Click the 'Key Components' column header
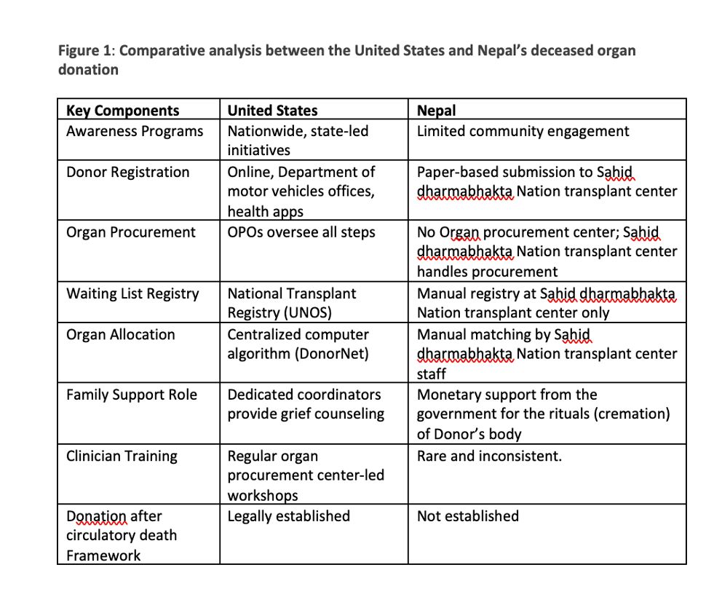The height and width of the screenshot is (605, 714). pos(122,111)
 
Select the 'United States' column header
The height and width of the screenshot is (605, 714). pos(272,111)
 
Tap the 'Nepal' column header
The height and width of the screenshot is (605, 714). pos(436,111)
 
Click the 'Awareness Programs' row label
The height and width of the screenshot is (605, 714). pos(135,131)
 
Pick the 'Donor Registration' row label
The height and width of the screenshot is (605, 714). pos(127,172)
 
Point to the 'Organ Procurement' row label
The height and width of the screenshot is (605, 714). pos(130,232)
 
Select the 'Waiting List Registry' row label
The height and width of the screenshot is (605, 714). pos(132,293)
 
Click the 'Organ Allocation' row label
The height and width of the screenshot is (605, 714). pos(120,334)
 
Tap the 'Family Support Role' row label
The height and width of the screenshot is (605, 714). pos(132,395)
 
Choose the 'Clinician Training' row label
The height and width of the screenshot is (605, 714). pos(122,456)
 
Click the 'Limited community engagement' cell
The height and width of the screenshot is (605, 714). pos(523,131)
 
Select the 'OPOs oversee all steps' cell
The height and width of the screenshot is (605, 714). pos(301,232)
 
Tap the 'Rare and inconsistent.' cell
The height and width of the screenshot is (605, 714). pos(489,456)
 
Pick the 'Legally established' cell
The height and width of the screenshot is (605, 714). pos(288,516)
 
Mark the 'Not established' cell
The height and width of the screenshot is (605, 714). pos(467,516)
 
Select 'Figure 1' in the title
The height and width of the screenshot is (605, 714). pos(85,51)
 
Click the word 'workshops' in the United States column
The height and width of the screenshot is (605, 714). pos(263,496)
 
